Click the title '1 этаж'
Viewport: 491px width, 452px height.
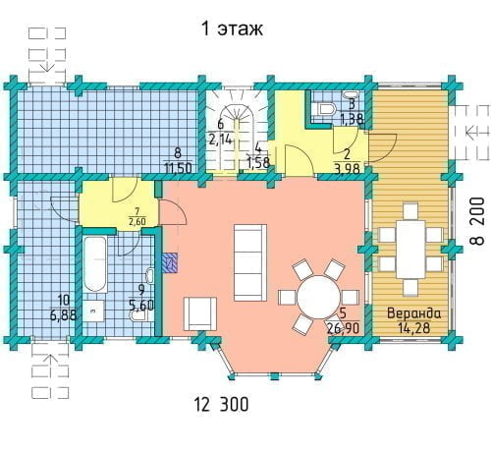coord(232,28)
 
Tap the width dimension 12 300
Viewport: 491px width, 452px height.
coord(222,404)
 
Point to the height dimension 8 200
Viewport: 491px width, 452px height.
coord(477,221)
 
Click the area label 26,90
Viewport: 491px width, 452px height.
coord(343,327)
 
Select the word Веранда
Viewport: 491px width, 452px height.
coord(413,313)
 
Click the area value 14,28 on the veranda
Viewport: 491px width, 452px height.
coord(413,327)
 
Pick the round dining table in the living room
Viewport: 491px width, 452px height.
coord(318,297)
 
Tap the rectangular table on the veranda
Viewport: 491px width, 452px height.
coord(410,250)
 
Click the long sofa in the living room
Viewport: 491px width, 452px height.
coord(250,262)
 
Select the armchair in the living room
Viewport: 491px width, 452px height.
coord(200,313)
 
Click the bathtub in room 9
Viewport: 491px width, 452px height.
coord(95,264)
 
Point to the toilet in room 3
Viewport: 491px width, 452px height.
coord(326,109)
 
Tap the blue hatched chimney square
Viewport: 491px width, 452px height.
coord(170,262)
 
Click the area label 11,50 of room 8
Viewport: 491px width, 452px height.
coord(178,168)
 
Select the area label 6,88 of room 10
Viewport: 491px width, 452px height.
coord(63,315)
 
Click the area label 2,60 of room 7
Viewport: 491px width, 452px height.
coord(137,222)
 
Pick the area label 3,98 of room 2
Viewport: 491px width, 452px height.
coord(347,169)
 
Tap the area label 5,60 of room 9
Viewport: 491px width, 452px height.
coord(141,306)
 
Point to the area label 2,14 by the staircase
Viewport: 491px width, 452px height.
coord(221,140)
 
